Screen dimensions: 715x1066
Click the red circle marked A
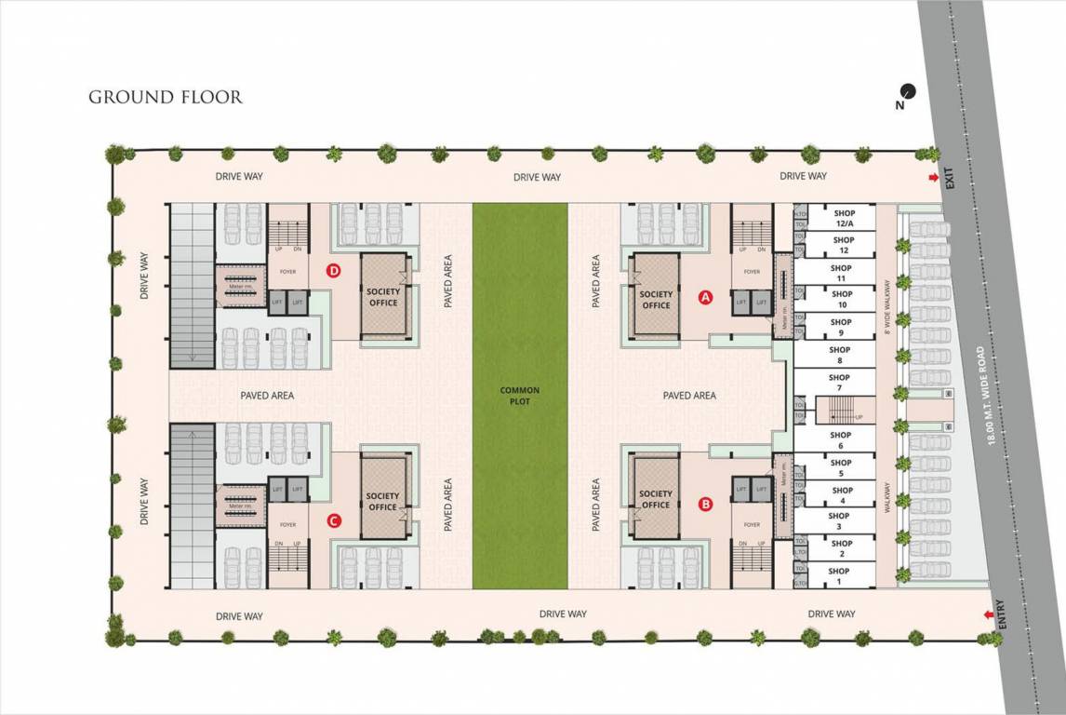coord(705,298)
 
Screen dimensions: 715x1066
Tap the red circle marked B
coord(705,505)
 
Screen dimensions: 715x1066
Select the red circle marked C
coord(334,521)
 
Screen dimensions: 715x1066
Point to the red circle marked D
coord(334,271)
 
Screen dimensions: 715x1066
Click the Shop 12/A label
coord(843,219)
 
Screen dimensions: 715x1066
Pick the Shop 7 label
coord(839,382)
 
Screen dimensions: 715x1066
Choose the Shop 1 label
coord(839,576)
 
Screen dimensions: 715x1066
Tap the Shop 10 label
coord(842,300)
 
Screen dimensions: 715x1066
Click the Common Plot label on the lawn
coord(519,396)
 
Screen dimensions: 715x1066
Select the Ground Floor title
coord(166,97)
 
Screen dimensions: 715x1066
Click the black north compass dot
coord(908,91)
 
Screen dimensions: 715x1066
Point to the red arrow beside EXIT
coord(933,178)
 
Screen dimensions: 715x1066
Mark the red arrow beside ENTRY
coord(986,614)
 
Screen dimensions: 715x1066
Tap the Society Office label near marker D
coord(383,297)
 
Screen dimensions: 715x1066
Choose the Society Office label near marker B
coord(656,499)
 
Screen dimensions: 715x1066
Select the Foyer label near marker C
coord(287,525)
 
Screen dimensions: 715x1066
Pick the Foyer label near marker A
coord(751,272)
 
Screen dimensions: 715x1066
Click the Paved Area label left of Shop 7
coord(689,396)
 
